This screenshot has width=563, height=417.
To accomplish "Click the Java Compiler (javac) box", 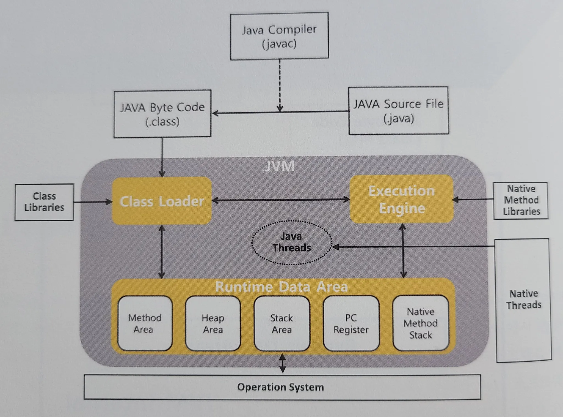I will click(x=279, y=36).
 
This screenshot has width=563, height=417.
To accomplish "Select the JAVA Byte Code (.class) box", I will click(x=162, y=114).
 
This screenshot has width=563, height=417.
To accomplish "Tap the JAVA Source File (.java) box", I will click(x=399, y=111).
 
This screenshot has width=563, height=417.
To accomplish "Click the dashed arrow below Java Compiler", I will click(x=280, y=85).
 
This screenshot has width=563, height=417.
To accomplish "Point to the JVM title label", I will click(x=280, y=166).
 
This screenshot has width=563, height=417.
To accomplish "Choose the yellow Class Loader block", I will click(x=162, y=201).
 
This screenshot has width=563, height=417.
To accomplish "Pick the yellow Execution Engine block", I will click(x=402, y=199).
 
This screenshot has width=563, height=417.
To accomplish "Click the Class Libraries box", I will click(x=44, y=202).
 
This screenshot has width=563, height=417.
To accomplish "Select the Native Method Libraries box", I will click(x=521, y=200).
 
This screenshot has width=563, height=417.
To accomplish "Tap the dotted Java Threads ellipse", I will click(x=292, y=242).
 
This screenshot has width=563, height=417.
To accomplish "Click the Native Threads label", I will click(x=524, y=299).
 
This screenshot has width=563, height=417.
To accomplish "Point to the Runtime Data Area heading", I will click(x=281, y=287).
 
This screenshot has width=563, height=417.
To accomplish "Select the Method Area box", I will click(x=145, y=323).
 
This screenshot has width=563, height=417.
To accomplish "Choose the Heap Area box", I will click(x=213, y=323).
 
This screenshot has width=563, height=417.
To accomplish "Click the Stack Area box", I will click(x=282, y=323).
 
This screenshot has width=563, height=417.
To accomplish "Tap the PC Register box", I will click(x=351, y=323).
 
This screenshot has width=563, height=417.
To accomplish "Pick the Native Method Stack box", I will click(x=421, y=323).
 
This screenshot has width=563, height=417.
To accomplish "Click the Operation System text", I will click(x=280, y=387).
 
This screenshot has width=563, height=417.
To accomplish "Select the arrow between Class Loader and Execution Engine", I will click(x=280, y=200).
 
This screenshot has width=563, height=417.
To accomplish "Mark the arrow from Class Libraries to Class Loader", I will click(x=93, y=202).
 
